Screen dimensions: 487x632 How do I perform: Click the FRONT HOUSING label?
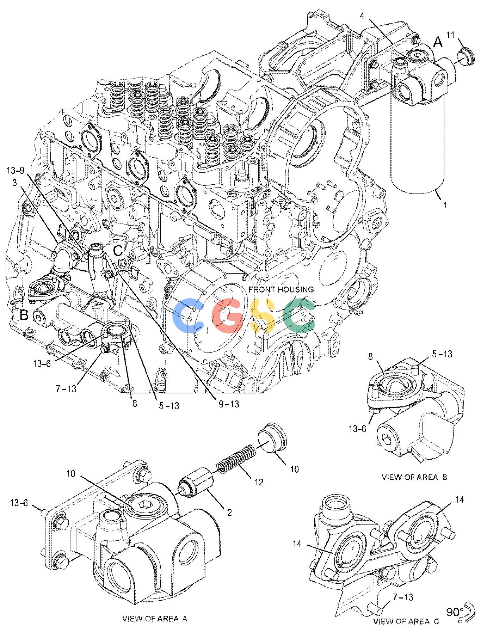281,289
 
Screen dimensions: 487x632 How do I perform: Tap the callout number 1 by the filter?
445,205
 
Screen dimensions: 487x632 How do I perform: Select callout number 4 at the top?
362,16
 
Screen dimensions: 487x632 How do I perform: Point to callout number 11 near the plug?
451,35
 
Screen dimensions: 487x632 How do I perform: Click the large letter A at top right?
437,42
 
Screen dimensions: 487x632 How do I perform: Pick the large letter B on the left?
24,315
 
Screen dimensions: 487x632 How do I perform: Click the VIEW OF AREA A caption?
155,618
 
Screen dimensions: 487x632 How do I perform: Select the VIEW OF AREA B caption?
414,477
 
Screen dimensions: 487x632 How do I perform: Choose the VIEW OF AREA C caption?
406,621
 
